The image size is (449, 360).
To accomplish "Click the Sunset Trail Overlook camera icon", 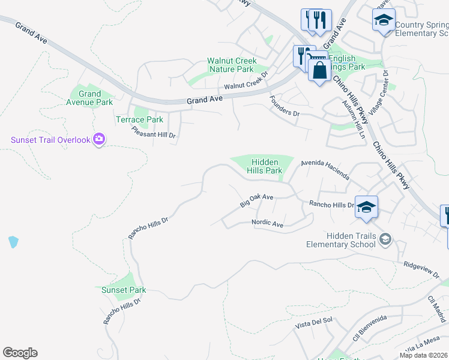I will click(x=99, y=140).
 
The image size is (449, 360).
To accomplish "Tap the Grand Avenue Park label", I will click(x=90, y=98).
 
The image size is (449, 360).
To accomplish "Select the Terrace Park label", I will click(x=139, y=119).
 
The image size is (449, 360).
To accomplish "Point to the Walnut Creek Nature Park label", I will click(x=232, y=65).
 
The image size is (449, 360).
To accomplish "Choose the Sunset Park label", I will click(x=123, y=290).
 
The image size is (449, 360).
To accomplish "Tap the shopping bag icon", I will click(x=319, y=70).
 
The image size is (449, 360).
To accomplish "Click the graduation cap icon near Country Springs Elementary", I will click(x=384, y=20).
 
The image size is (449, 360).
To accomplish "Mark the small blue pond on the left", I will click(x=13, y=242).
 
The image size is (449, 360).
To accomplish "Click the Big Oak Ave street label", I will click(x=257, y=201).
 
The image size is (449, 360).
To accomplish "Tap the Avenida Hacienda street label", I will click(x=325, y=169).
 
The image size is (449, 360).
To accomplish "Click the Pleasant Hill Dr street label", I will click(x=154, y=131).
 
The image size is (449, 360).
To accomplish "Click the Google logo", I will click(x=20, y=353).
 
